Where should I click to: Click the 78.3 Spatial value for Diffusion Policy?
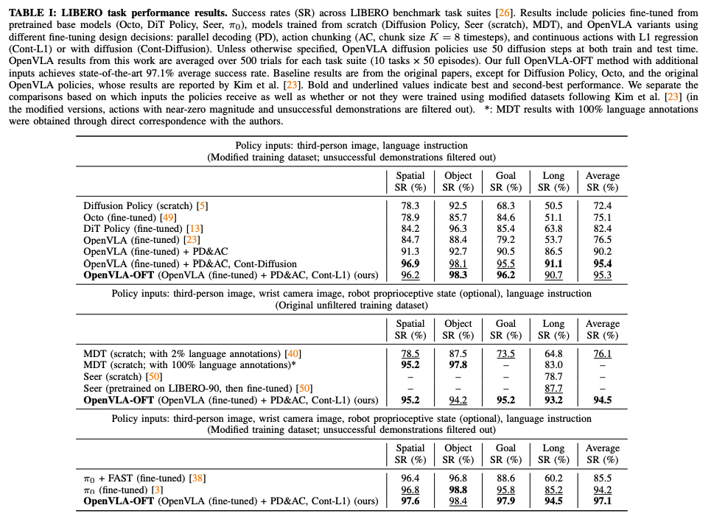click(410, 206)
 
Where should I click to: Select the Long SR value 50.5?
click(553, 206)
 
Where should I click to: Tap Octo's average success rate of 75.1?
click(602, 217)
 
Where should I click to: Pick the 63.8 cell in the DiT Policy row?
click(553, 229)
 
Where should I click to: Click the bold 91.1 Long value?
click(553, 264)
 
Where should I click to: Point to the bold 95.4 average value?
click(602, 264)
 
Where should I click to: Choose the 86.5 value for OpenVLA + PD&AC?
click(553, 252)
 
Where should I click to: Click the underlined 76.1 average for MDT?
click(602, 354)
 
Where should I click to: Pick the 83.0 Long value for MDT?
click(553, 365)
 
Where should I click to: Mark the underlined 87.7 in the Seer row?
click(553, 389)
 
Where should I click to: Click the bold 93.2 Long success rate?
click(553, 400)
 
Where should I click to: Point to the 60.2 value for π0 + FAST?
click(553, 479)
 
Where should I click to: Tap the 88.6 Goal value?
click(505, 479)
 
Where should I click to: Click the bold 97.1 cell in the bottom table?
click(602, 502)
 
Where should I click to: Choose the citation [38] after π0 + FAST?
click(197, 479)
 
